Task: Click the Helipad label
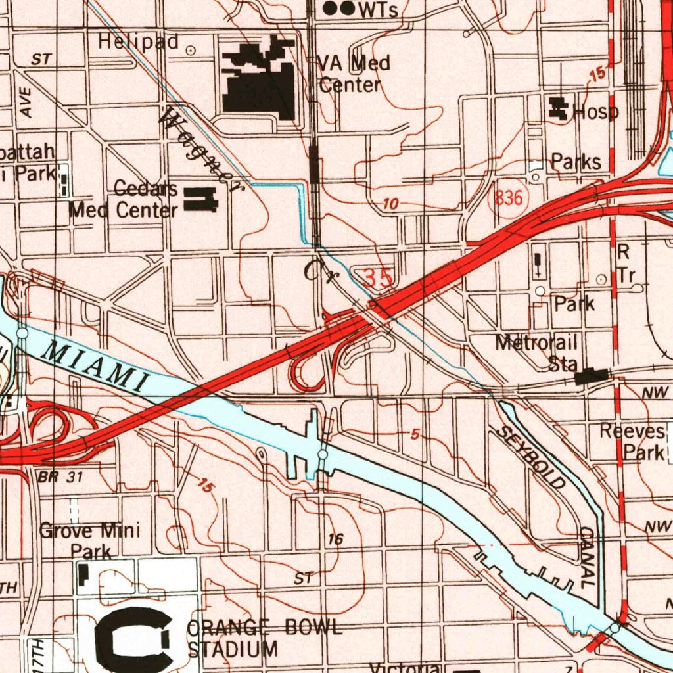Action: pyautogui.click(x=139, y=42)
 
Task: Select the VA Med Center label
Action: pyautogui.click(x=354, y=74)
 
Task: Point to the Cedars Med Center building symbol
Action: pyautogui.click(x=200, y=199)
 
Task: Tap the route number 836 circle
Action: pyautogui.click(x=509, y=198)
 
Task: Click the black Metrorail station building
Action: pyautogui.click(x=592, y=377)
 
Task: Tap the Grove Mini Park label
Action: pyautogui.click(x=90, y=540)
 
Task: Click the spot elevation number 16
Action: pyautogui.click(x=336, y=540)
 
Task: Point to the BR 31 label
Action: pyautogui.click(x=60, y=477)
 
